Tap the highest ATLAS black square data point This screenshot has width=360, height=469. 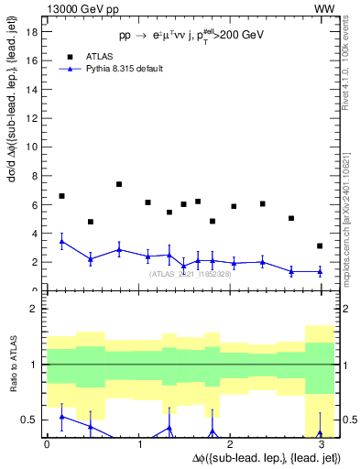(119, 184)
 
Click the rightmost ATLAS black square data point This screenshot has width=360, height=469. (319, 245)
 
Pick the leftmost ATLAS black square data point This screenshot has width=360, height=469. (61, 196)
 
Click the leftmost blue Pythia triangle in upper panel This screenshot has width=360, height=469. (61, 242)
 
